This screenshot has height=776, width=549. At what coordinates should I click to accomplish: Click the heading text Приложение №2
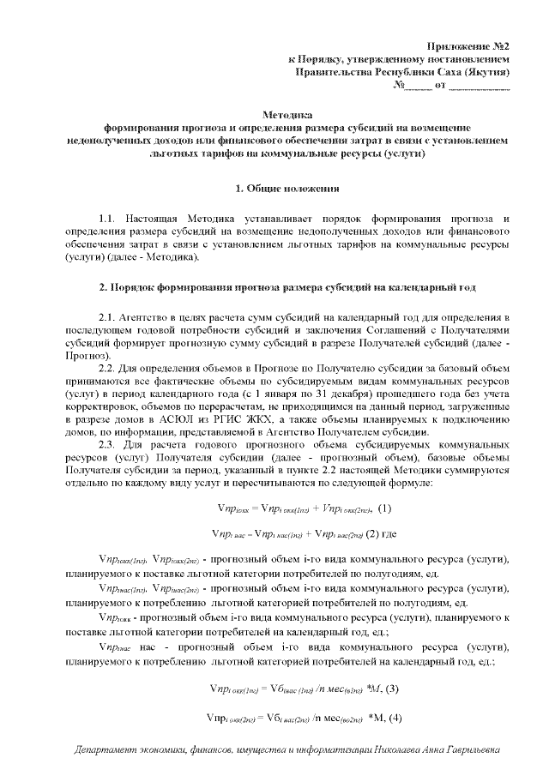tap(470, 45)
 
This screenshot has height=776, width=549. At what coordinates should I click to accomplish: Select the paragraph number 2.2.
tap(110, 368)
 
